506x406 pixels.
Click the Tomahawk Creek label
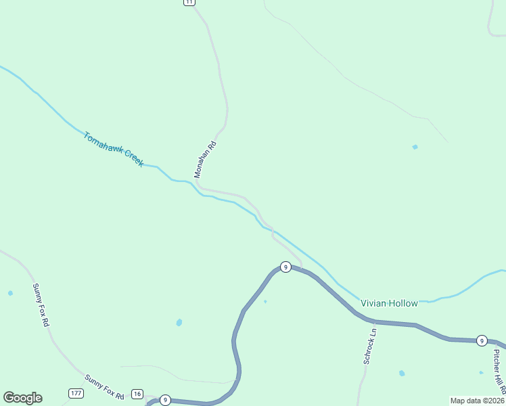[x=113, y=150]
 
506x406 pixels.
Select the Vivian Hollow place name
[x=389, y=303]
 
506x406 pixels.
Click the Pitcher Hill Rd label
[x=498, y=371]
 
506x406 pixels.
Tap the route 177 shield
[x=76, y=393]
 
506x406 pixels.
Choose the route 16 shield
[x=137, y=394]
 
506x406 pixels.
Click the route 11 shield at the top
[x=189, y=2]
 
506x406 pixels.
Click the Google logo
[x=22, y=398]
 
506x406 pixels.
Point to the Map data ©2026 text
[x=477, y=401]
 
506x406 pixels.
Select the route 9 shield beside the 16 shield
[x=165, y=401]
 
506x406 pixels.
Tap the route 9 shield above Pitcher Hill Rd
[x=481, y=340]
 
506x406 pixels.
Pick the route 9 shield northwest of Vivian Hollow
[x=285, y=267]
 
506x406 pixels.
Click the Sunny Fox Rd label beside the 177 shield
[x=105, y=387]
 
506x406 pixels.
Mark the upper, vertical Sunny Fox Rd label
[x=41, y=305]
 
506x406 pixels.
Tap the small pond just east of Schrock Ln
[x=402, y=373]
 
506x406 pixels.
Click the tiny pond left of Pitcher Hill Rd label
[x=481, y=372]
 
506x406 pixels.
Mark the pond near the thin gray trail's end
[x=415, y=147]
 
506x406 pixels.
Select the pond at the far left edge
[x=10, y=293]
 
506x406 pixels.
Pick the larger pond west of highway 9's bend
[x=179, y=323]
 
